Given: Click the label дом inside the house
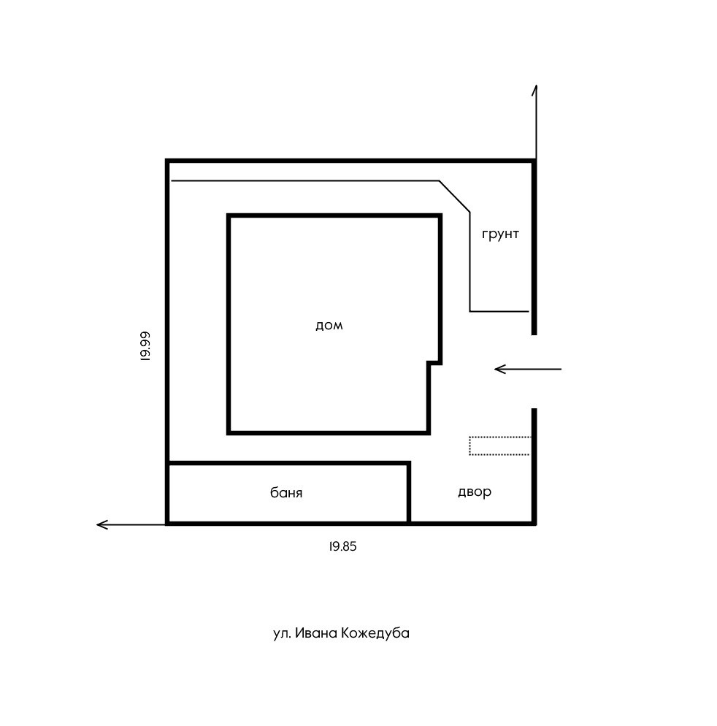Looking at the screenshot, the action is click(x=329, y=326).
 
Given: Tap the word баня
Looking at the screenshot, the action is click(x=286, y=493).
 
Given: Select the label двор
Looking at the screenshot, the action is click(x=475, y=492).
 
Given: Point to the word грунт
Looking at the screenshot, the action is click(x=500, y=234).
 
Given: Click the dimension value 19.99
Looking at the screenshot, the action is click(x=145, y=346).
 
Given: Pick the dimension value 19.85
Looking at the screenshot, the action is click(x=342, y=546).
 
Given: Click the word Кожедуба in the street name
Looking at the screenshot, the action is click(x=375, y=633).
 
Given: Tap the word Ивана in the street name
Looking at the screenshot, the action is click(x=318, y=633).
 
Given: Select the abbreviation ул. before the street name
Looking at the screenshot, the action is click(x=282, y=633).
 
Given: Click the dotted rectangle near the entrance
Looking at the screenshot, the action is click(x=499, y=446).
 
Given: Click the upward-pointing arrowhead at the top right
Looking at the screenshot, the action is click(x=535, y=89).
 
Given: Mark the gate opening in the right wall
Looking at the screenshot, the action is click(x=534, y=372).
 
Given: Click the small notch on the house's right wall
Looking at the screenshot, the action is click(x=434, y=362).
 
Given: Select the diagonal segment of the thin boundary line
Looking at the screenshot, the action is click(x=454, y=196).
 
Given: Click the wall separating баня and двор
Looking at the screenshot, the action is click(x=408, y=493).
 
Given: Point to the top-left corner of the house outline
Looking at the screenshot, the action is click(x=229, y=216).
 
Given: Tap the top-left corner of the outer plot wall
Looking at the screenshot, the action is click(x=168, y=161).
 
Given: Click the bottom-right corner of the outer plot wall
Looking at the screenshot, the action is click(x=534, y=523).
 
